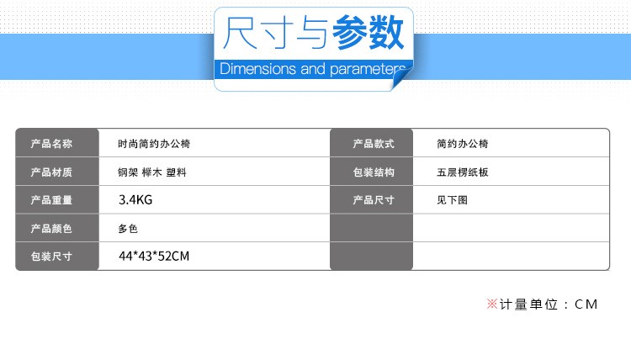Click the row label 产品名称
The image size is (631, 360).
click(x=51, y=144)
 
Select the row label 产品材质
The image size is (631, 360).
click(x=51, y=172)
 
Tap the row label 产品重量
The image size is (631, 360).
click(x=51, y=200)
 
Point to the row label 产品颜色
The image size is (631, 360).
click(x=51, y=229)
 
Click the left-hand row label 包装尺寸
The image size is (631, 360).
click(x=51, y=257)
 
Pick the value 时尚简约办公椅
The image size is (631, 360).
click(x=154, y=144)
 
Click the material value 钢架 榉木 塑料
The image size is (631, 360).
click(x=152, y=172)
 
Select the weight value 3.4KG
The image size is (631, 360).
click(x=135, y=200)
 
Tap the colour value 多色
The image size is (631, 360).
click(x=128, y=229)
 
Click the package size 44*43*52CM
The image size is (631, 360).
click(x=154, y=257)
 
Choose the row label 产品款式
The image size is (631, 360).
click(x=374, y=144)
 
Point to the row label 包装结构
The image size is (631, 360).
click(x=374, y=172)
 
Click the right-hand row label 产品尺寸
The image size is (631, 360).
click(x=374, y=200)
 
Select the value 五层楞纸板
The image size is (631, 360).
click(x=463, y=172)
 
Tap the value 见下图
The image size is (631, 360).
click(x=453, y=200)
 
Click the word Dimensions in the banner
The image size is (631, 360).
click(x=258, y=69)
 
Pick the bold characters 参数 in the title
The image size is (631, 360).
click(x=368, y=33)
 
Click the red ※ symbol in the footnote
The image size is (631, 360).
click(x=492, y=304)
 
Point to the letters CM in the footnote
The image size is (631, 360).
click(x=586, y=304)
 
